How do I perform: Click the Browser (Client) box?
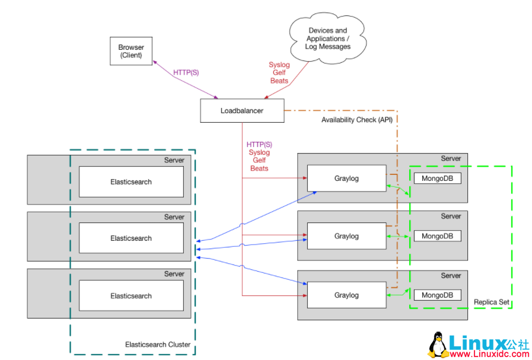pyautogui.click(x=131, y=51)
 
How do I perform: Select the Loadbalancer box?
pyautogui.click(x=242, y=111)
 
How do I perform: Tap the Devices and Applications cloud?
pyautogui.click(x=327, y=39)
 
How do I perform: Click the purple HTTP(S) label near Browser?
pyautogui.click(x=186, y=73)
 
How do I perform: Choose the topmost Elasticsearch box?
pyautogui.click(x=131, y=181)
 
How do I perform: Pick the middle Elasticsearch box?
pyautogui.click(x=131, y=238)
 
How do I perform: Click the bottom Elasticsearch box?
pyautogui.click(x=131, y=296)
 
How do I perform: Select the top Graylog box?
pyautogui.click(x=346, y=179)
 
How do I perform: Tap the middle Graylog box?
pyautogui.click(x=346, y=236)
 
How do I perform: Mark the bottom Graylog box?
pyautogui.click(x=346, y=295)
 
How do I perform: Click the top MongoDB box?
pyautogui.click(x=437, y=178)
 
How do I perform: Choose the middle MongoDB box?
pyautogui.click(x=437, y=236)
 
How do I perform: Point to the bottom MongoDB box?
pyautogui.click(x=437, y=295)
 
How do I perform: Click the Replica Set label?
pyautogui.click(x=491, y=302)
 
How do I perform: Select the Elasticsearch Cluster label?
pyautogui.click(x=158, y=345)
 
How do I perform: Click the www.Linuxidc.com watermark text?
pyautogui.click(x=489, y=353)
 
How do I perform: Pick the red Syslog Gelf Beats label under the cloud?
pyautogui.click(x=279, y=72)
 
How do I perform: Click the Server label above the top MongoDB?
pyautogui.click(x=451, y=158)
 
